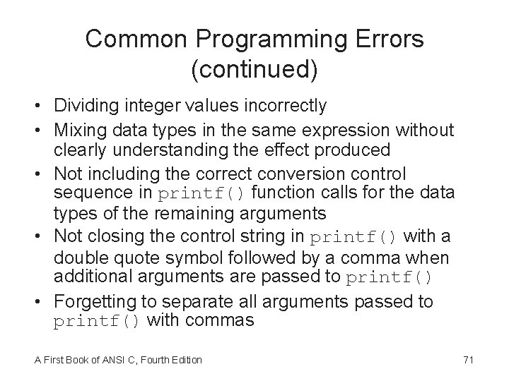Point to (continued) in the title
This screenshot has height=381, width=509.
tap(255, 70)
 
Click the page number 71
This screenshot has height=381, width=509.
tap(467, 361)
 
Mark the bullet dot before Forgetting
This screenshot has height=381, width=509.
tap(44, 303)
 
